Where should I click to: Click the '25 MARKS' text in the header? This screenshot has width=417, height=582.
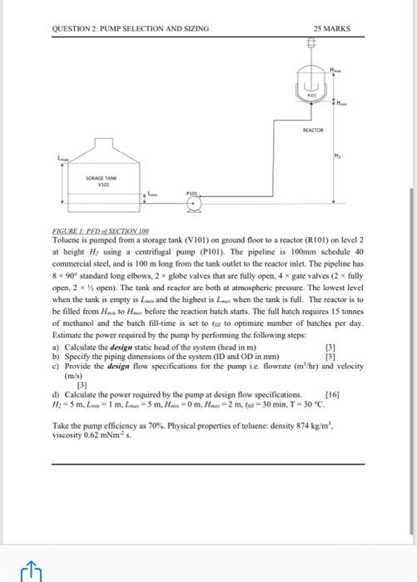332,29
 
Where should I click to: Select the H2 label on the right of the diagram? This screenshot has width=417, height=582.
339,155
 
